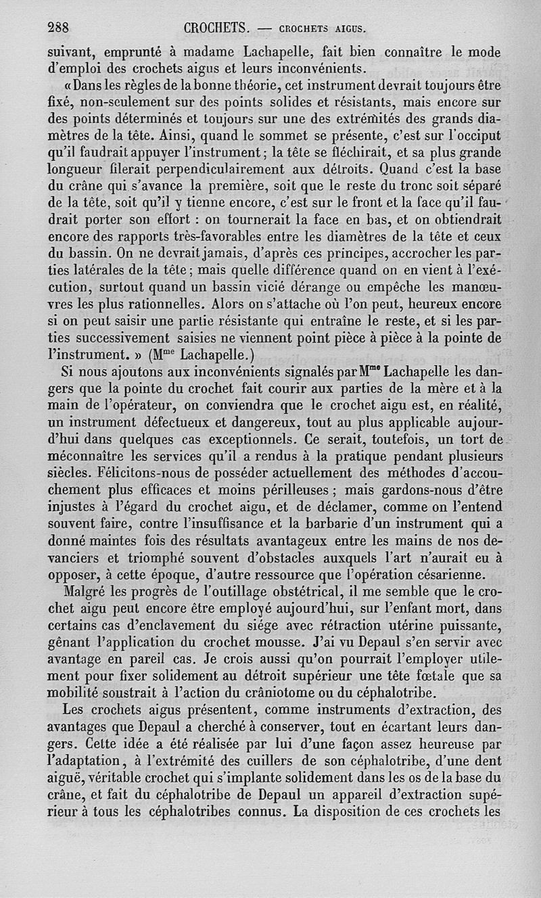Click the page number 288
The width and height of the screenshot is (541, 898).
tap(60, 28)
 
